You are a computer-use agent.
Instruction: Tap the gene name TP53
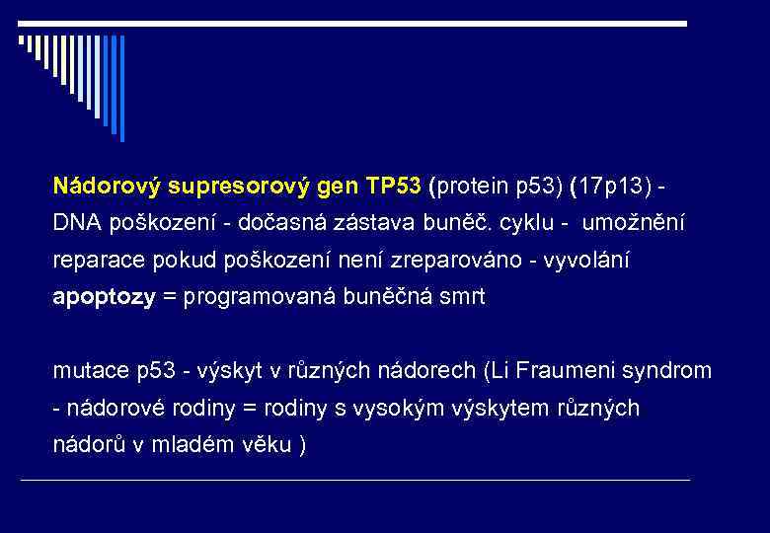[x=393, y=186]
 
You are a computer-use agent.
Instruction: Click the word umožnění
[x=633, y=224]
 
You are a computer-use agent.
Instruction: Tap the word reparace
[x=97, y=262]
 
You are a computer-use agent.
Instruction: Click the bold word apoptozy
[x=104, y=298]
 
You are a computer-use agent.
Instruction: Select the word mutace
[x=88, y=371]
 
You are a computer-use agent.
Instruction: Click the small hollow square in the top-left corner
[x=22, y=40]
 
